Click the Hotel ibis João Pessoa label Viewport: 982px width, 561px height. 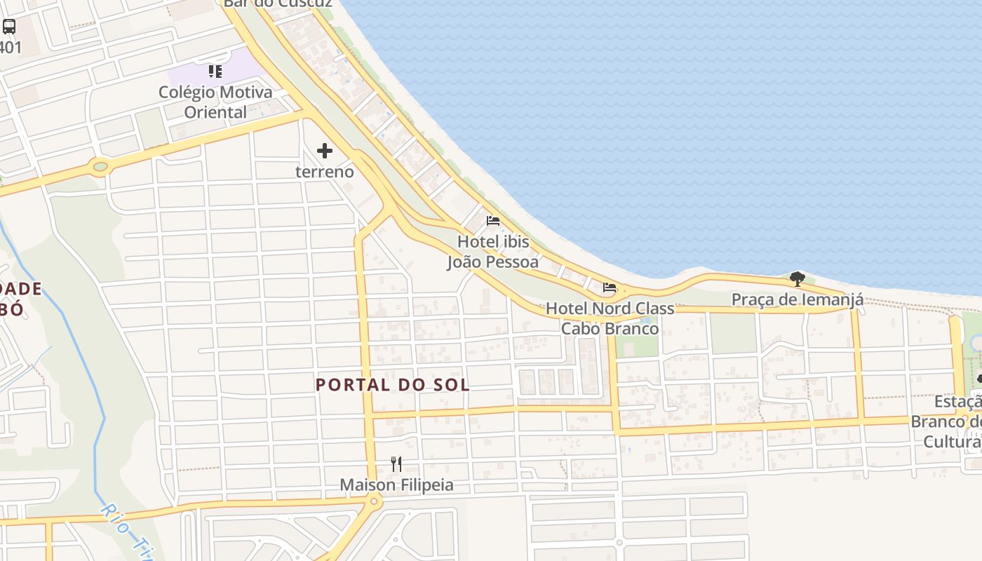coord(493,252)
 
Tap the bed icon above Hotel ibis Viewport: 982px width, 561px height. coord(493,220)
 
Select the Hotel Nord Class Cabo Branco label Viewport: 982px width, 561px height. coord(610,318)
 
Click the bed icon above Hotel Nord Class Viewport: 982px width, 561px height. coord(610,288)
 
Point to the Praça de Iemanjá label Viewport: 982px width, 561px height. coord(798,299)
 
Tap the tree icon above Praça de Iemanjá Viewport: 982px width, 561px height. coord(797,279)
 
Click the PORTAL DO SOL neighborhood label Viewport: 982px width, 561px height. coord(393,384)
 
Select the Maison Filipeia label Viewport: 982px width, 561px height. coord(396,485)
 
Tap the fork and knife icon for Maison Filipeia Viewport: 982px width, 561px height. coord(396,464)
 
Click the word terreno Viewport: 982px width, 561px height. coord(325,171)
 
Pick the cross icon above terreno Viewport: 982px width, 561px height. coord(325,150)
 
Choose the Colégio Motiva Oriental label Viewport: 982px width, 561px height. coord(215,102)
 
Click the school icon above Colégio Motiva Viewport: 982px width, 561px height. coord(215,71)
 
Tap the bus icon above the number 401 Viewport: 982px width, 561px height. coord(9,27)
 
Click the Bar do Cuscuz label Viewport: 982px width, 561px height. coord(277,4)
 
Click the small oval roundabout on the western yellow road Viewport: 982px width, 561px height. coord(100,167)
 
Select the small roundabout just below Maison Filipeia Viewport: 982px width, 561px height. coord(374,501)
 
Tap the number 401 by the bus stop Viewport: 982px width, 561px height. coord(11,48)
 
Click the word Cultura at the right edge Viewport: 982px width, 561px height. coord(952,441)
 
